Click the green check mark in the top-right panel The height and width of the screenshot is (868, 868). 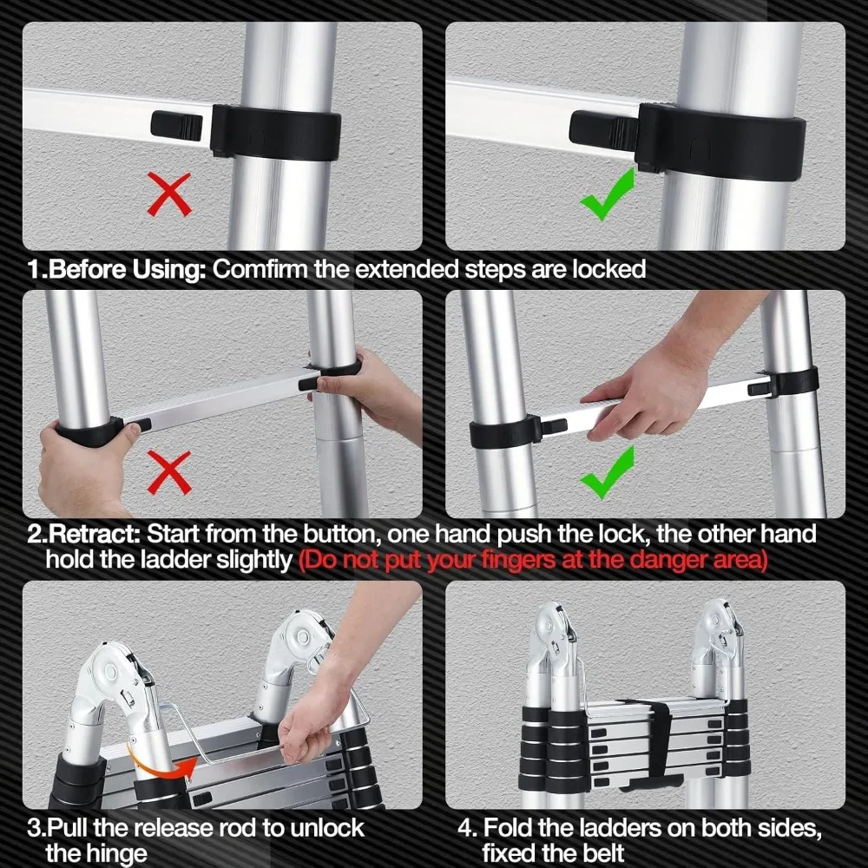(x=607, y=194)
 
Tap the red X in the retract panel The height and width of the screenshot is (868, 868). (x=169, y=474)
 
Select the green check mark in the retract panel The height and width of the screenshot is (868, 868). (x=607, y=473)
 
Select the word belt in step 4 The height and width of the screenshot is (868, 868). (x=598, y=852)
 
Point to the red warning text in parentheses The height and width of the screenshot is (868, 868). (x=533, y=560)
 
